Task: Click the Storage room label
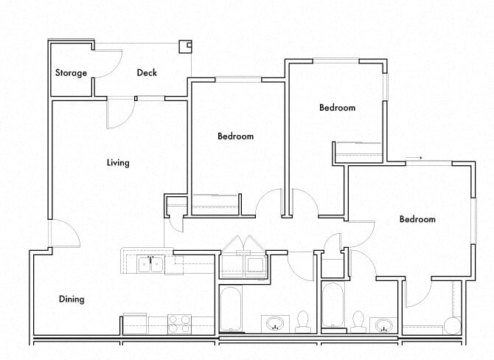[x=71, y=73]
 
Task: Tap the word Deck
[x=147, y=73]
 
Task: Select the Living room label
[x=118, y=162]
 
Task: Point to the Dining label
[x=72, y=300]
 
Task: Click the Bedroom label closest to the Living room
[x=235, y=136]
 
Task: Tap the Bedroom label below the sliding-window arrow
[x=417, y=219]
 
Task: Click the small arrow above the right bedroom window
[x=418, y=157]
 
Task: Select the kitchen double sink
[x=150, y=264]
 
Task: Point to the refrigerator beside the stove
[x=135, y=323]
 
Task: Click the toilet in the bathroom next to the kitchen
[x=302, y=322]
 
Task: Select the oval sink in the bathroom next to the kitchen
[x=275, y=323]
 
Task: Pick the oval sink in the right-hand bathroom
[x=384, y=324]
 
